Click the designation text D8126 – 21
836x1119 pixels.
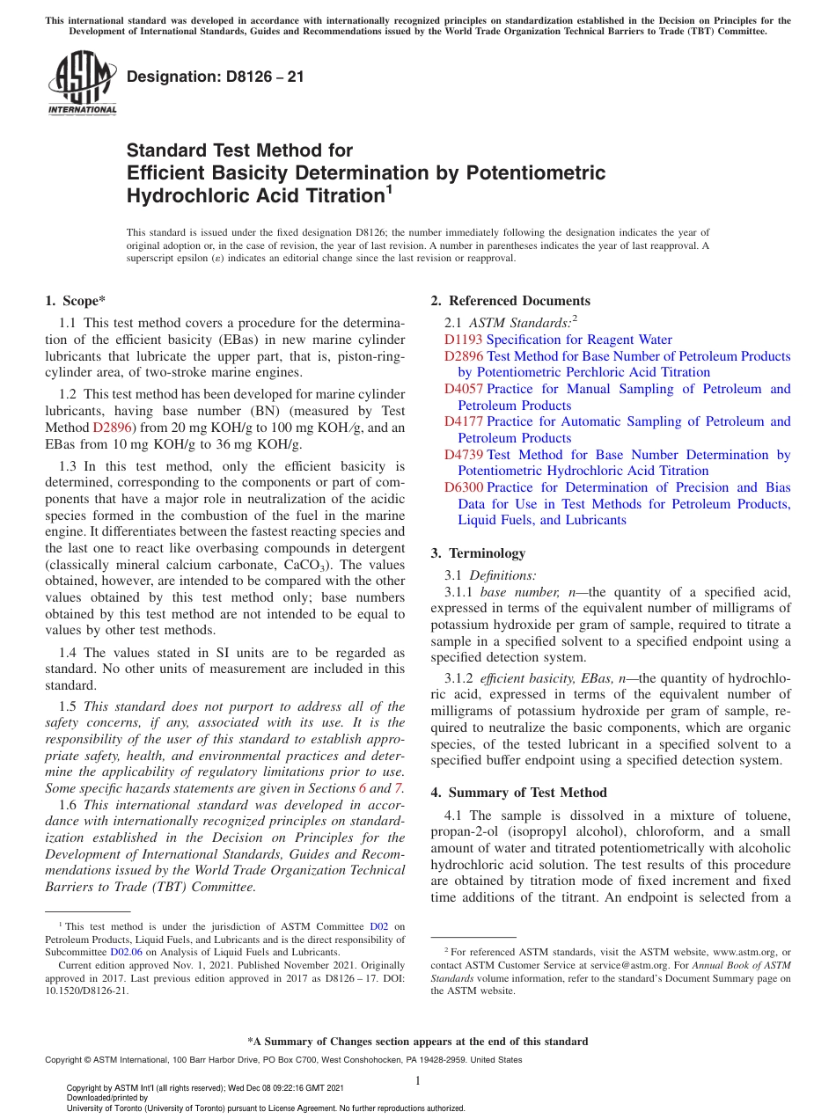(216, 77)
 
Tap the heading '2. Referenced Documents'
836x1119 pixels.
(510, 301)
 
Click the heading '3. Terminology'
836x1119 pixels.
(478, 553)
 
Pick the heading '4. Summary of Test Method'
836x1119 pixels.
(518, 793)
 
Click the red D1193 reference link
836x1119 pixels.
(463, 340)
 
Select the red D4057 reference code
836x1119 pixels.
(463, 389)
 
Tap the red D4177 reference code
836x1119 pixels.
(463, 421)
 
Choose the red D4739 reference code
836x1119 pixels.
(463, 455)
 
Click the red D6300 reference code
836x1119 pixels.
(463, 487)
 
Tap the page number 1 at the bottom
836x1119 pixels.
(418, 1080)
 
